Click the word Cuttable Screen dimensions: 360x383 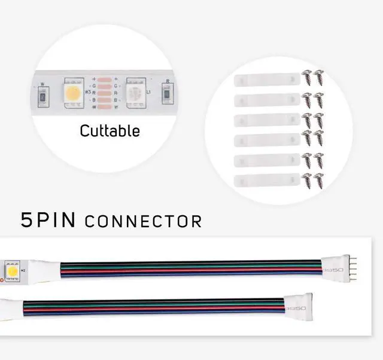[x=110, y=131]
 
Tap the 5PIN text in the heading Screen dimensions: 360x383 [x=48, y=220]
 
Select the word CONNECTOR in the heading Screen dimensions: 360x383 [x=144, y=222]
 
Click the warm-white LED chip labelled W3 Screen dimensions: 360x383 [x=74, y=93]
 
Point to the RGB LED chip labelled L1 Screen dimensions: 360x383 [x=136, y=93]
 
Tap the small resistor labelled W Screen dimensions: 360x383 [x=42, y=96]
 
